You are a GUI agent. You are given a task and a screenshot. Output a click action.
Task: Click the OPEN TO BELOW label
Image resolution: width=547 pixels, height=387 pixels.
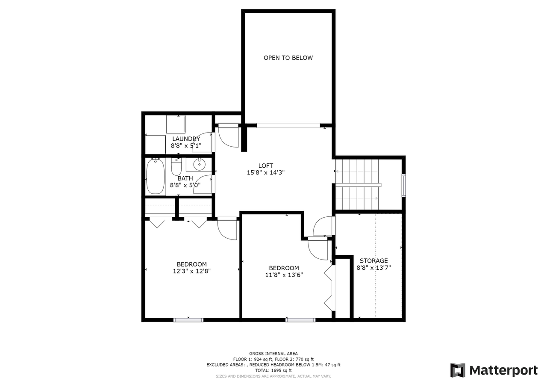tap(288, 58)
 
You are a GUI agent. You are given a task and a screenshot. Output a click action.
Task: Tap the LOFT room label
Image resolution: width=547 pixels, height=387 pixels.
tap(265, 165)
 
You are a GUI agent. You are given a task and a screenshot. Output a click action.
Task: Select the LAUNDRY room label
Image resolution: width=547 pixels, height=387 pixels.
tap(186, 139)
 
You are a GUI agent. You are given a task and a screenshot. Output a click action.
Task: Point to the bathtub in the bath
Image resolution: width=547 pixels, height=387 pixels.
tap(155, 176)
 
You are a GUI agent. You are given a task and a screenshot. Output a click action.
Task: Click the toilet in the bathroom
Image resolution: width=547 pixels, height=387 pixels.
tap(176, 165)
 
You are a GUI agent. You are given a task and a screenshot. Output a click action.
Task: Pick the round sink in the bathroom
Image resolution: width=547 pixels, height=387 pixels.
tap(199, 164)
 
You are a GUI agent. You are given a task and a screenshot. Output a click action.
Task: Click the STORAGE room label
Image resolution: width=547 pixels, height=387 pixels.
tap(373, 260)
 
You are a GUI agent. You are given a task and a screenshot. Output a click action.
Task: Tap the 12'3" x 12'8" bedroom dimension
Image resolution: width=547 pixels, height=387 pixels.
tap(191, 271)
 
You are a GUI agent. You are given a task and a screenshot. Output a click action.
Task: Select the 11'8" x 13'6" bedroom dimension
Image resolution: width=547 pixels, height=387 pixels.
tap(284, 275)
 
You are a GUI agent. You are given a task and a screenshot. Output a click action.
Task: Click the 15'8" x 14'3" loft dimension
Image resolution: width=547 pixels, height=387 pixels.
tap(265, 173)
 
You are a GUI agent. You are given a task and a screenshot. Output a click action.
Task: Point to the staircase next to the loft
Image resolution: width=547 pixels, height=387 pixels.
tap(357, 185)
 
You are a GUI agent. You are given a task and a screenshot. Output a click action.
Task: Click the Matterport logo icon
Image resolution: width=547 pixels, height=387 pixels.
tap(458, 370)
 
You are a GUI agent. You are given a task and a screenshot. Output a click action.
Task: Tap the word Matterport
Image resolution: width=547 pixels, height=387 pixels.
tap(503, 370)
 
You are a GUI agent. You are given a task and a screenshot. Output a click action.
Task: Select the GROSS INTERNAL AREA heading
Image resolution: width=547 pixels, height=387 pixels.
tap(273, 353)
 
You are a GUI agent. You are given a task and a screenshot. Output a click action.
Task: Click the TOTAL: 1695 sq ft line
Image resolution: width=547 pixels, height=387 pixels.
tap(273, 370)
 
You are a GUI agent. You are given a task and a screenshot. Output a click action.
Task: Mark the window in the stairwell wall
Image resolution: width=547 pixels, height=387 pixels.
tap(404, 185)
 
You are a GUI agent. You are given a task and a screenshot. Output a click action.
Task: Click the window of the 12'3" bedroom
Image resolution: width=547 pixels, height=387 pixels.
tap(188, 319)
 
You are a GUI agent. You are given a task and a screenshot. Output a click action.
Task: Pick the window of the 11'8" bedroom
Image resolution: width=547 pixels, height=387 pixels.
tap(300, 319)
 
